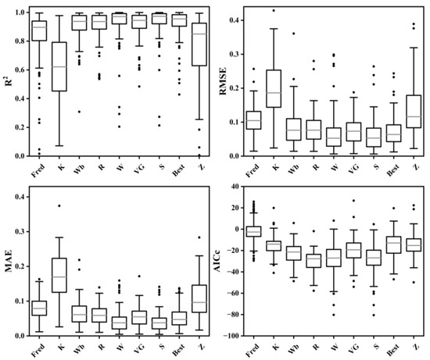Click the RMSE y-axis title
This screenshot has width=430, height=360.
[x=225, y=81]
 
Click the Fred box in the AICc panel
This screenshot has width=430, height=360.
[x=253, y=231]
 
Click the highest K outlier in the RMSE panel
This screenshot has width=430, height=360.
[x=274, y=10]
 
